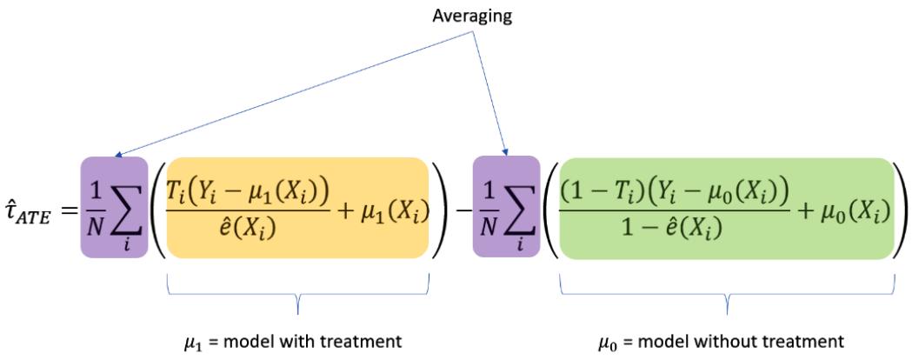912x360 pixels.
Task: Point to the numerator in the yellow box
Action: (x=249, y=189)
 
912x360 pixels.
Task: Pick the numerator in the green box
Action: (x=665, y=189)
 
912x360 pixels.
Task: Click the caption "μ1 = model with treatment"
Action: (x=298, y=337)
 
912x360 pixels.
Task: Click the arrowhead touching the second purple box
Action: (x=505, y=153)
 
